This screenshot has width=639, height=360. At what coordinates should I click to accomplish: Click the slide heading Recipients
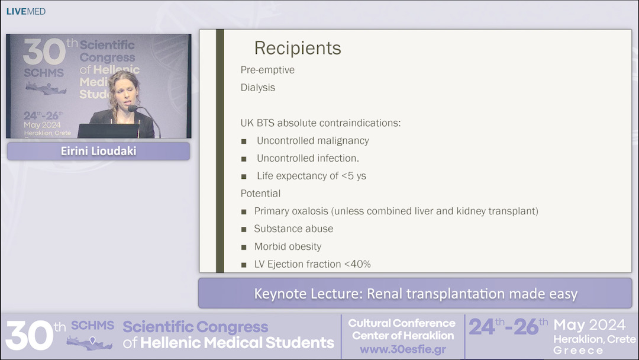297,48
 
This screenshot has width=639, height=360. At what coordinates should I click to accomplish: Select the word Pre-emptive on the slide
267,70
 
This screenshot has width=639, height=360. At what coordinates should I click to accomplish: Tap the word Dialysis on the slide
257,88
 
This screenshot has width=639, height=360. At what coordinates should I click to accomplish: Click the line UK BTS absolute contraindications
320,123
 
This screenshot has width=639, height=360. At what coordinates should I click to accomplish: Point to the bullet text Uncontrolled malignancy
312,141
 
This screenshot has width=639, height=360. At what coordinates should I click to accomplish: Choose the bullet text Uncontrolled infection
308,158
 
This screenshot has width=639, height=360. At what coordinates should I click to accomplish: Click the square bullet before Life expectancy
244,176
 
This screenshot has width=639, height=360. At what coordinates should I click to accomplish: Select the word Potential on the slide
260,194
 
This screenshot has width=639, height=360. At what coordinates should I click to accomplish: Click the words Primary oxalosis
290,211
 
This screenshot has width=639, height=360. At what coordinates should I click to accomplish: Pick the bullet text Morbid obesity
288,247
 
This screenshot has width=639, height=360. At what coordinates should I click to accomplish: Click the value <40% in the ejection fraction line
357,264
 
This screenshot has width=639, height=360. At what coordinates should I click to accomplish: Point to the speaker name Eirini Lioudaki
98,151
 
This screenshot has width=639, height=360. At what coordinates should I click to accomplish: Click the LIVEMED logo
25,11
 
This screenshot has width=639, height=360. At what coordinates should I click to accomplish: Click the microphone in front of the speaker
133,108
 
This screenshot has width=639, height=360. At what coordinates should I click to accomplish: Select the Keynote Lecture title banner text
415,294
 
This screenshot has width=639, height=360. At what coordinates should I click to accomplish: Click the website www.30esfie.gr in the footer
402,349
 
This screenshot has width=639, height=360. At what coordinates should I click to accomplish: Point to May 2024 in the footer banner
589,325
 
